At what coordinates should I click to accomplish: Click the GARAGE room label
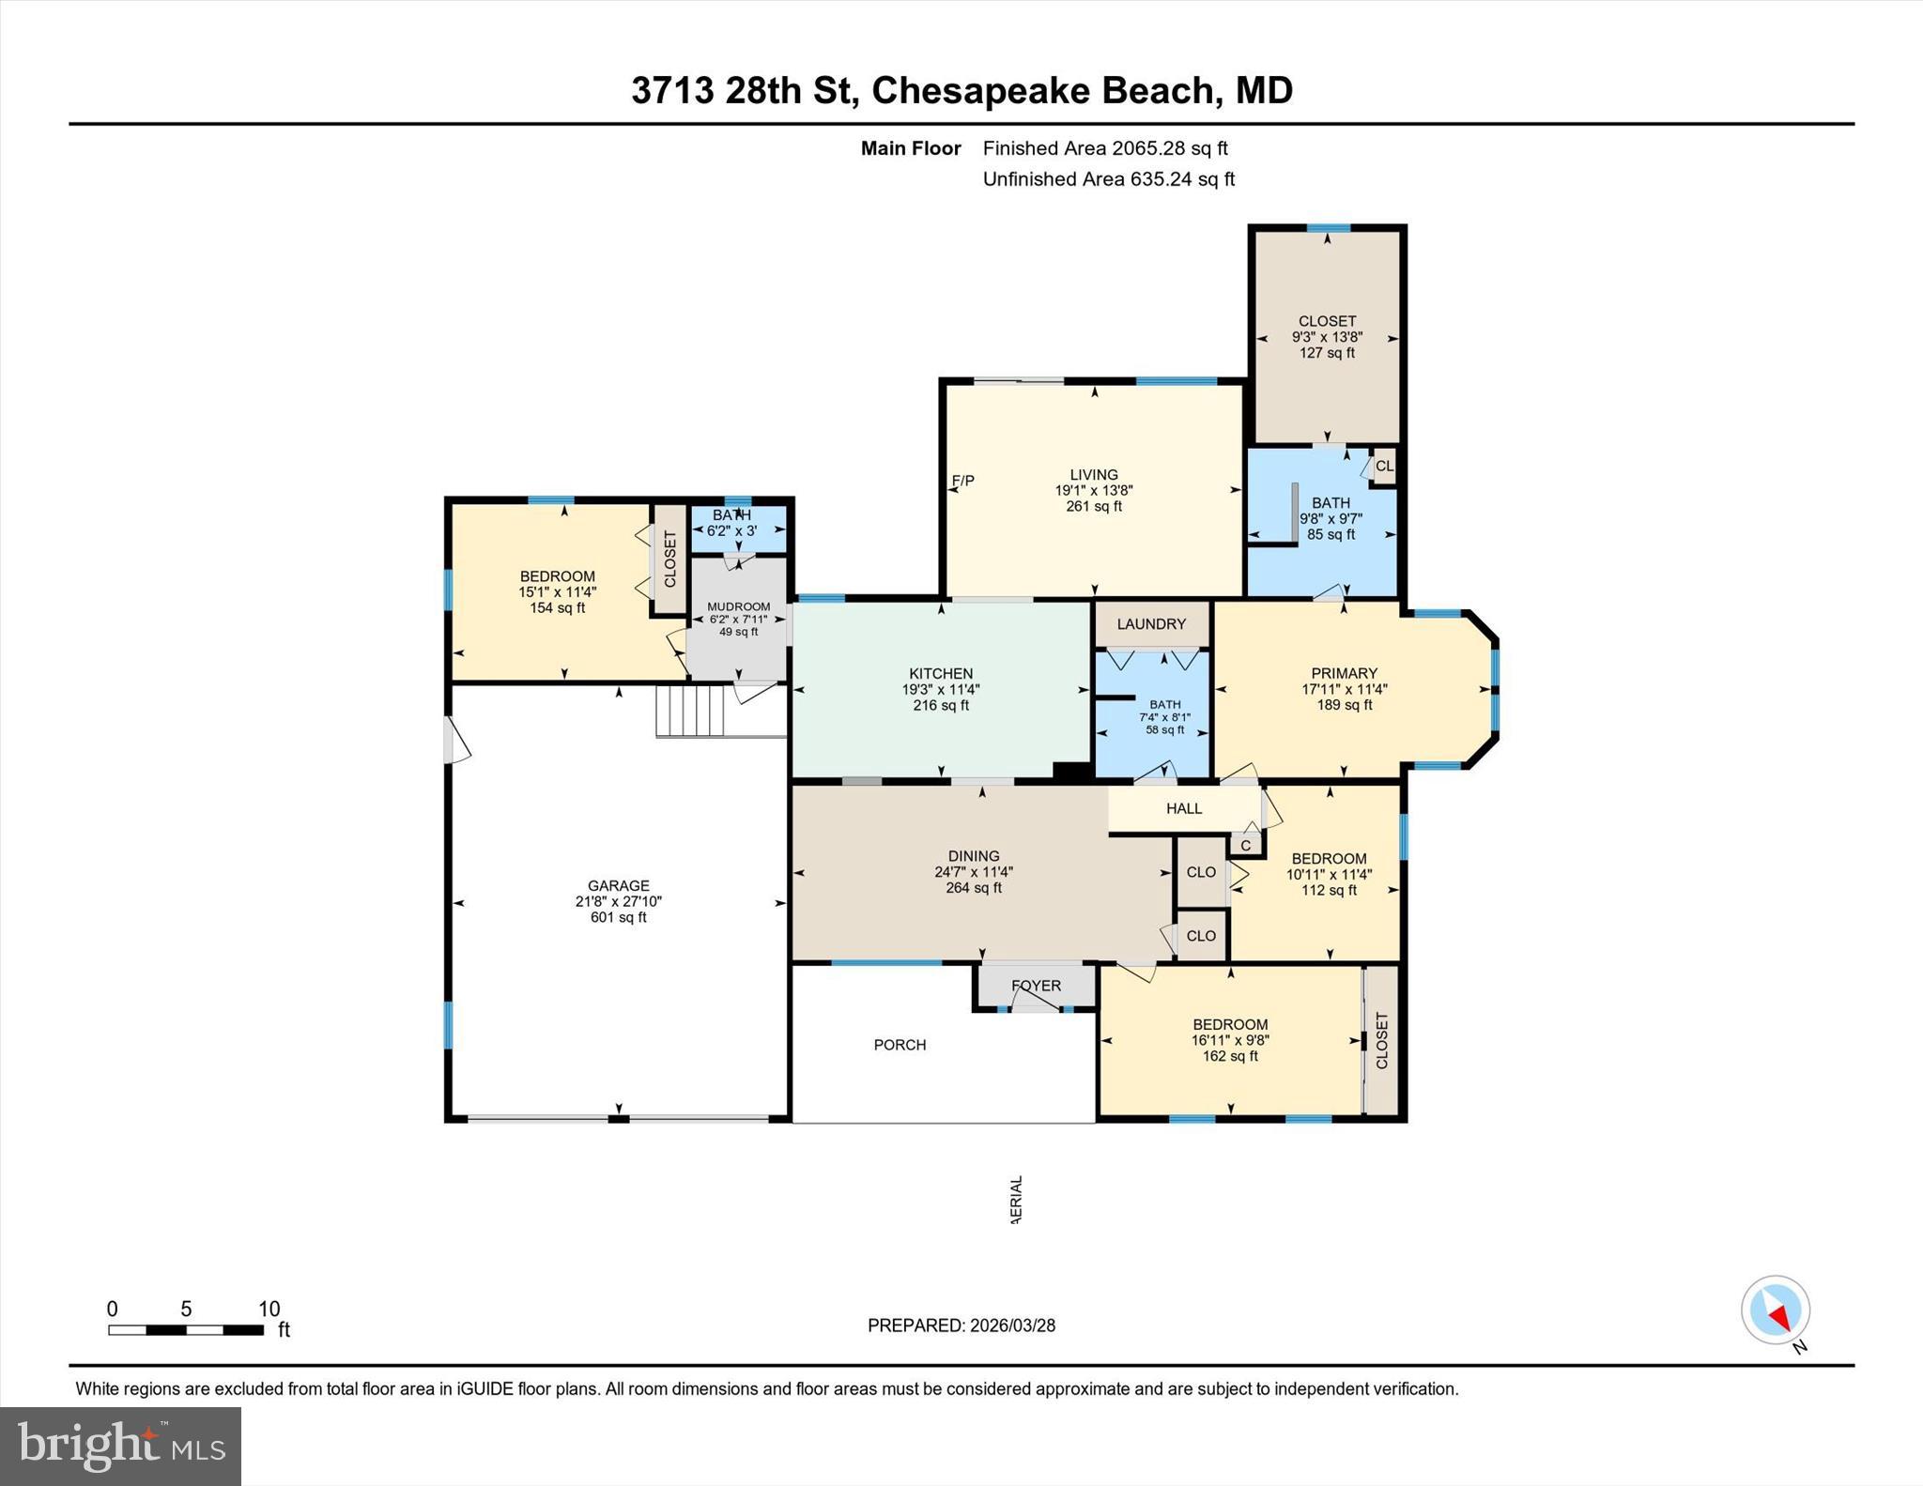pos(618,885)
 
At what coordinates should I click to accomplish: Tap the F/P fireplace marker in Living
pos(963,481)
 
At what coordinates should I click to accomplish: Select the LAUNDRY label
pos(1151,624)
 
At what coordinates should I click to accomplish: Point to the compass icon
pos(1775,1310)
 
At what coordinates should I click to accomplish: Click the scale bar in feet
pos(186,1329)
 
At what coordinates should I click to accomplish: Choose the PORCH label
pos(900,1045)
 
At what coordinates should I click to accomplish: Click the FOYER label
pos(1036,986)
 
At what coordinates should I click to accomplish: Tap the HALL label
pos(1184,808)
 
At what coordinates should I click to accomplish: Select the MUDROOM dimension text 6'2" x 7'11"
pos(739,620)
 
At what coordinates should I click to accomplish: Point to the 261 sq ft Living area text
pos(1094,507)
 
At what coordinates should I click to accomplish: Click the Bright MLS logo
pos(120,1446)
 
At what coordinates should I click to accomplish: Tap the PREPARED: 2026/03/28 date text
pos(961,1325)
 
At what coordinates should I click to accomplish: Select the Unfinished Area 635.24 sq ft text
pos(1108,179)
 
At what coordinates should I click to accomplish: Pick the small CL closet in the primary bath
pos(1384,466)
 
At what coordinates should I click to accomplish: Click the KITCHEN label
pos(941,673)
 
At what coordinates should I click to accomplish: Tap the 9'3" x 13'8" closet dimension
pos(1327,337)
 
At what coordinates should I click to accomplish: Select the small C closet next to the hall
pos(1245,845)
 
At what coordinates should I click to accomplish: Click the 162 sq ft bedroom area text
pos(1230,1056)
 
